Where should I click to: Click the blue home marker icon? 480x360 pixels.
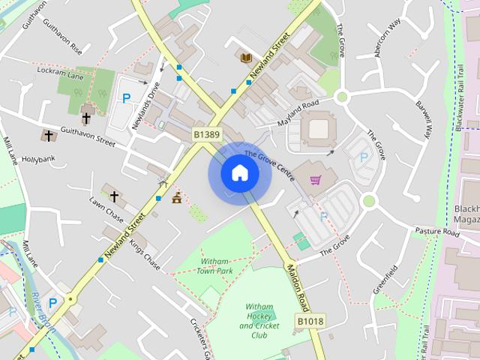pyautogui.click(x=239, y=173)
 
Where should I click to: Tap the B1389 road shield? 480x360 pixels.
pyautogui.click(x=207, y=134)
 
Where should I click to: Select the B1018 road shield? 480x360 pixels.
pyautogui.click(x=309, y=322)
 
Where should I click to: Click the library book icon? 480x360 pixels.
pyautogui.click(x=245, y=57)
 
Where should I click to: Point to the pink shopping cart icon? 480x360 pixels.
pyautogui.click(x=316, y=180)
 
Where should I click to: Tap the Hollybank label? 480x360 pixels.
pyautogui.click(x=34, y=160)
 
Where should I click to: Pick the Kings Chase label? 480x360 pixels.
pyautogui.click(x=145, y=254)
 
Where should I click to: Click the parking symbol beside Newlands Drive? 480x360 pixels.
pyautogui.click(x=127, y=98)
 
